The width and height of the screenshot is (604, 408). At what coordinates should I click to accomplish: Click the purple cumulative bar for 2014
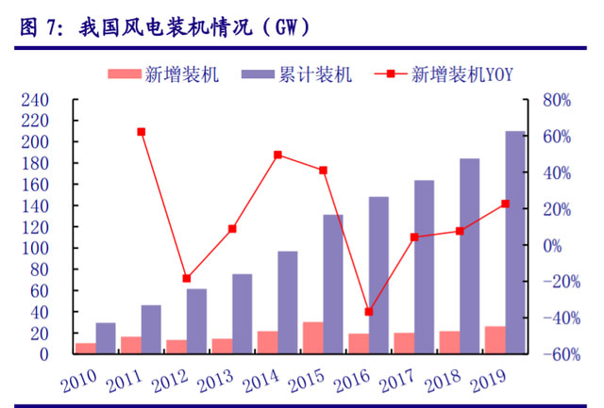[287, 302]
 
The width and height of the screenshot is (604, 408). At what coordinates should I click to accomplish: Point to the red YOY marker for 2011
[141, 132]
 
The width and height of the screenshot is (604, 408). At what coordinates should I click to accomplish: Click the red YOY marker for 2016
[368, 312]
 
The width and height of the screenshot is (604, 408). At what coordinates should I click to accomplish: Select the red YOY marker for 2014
[277, 155]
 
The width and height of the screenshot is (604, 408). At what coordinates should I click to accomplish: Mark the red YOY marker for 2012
[186, 279]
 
